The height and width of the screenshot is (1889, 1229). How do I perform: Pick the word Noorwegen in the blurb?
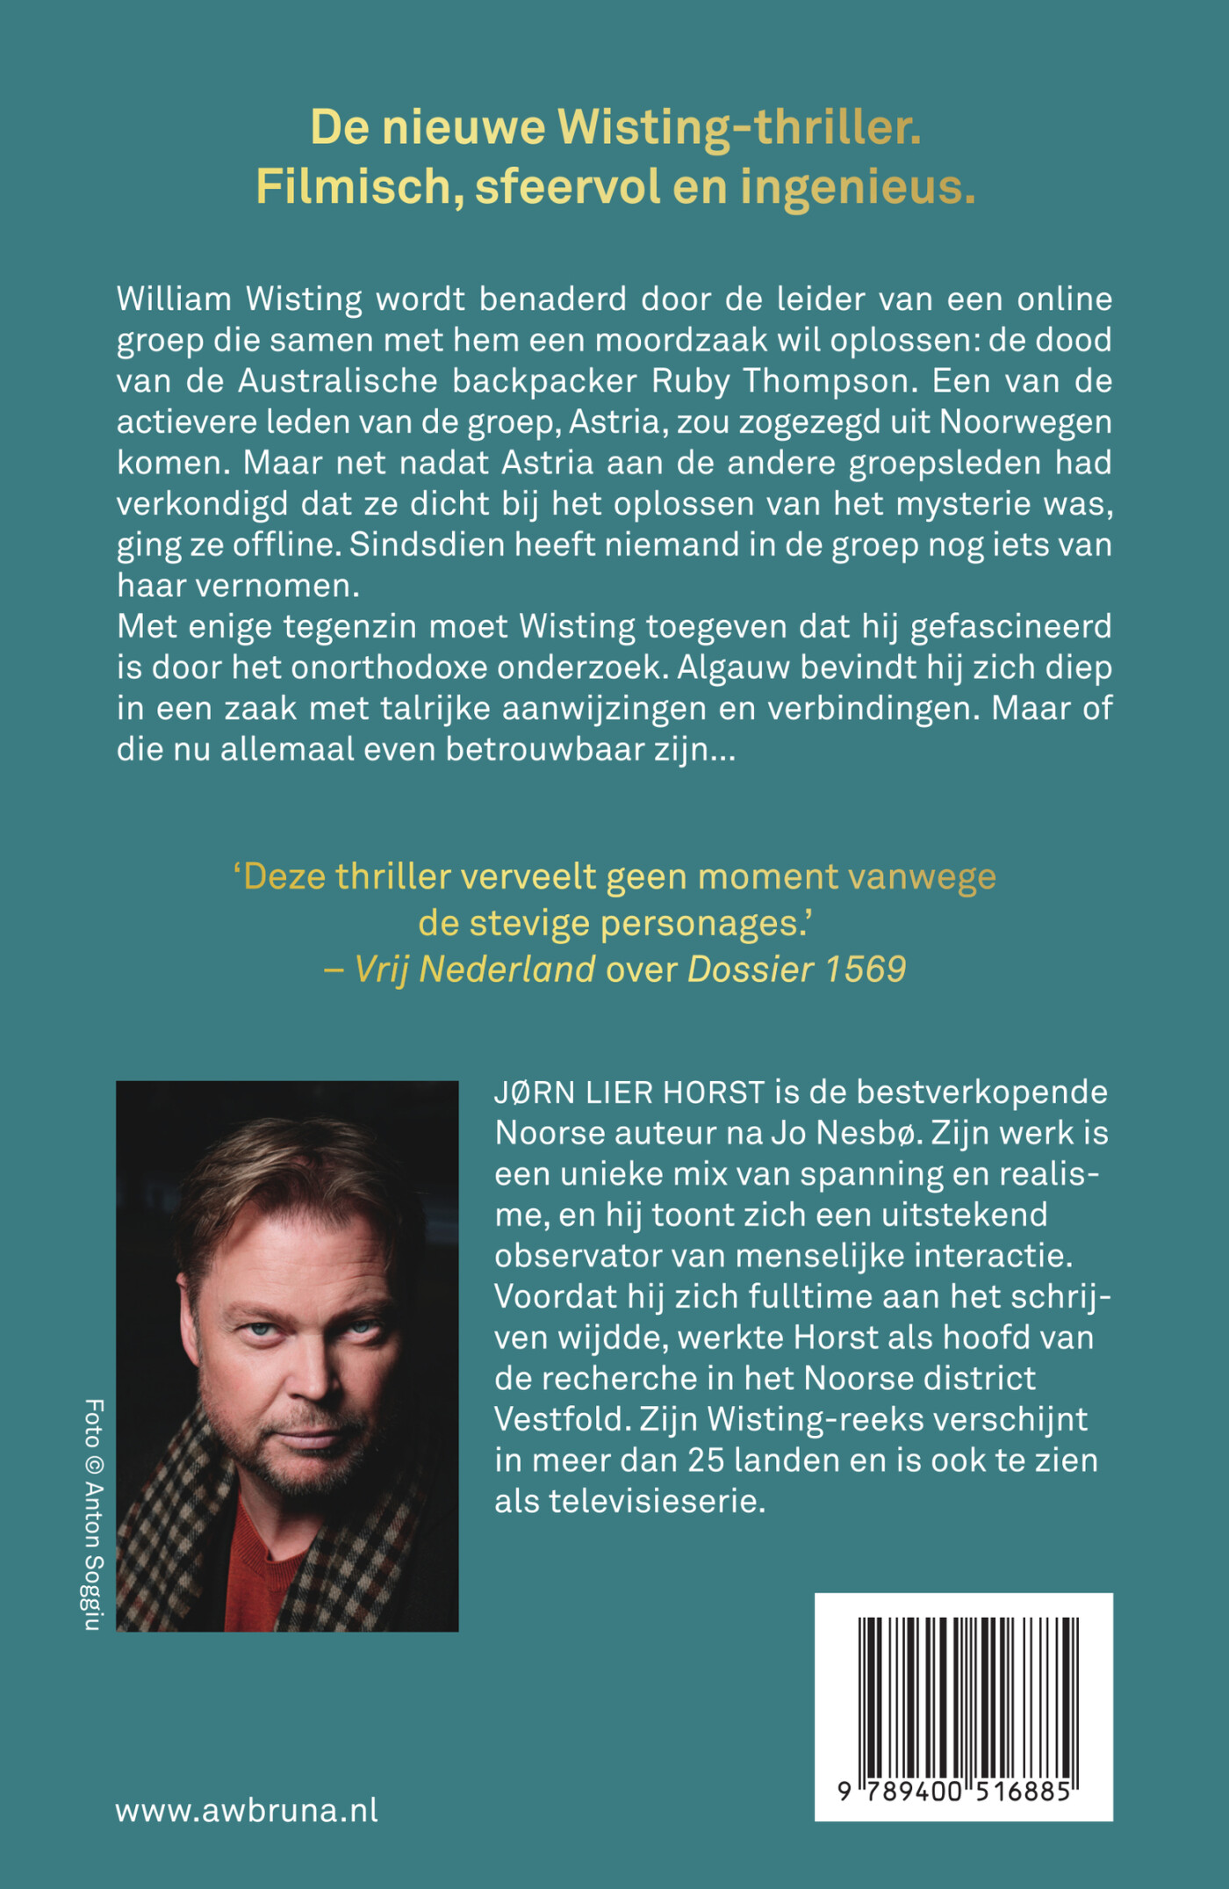tap(1025, 422)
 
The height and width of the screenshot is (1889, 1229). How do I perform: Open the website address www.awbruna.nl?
tap(247, 1810)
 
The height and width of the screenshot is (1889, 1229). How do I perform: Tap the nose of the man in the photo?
tap(309, 1379)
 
